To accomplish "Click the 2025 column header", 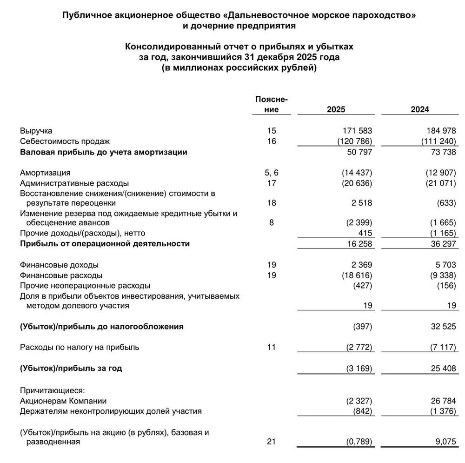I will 336,109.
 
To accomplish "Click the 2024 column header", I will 419,109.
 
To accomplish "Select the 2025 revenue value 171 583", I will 356,131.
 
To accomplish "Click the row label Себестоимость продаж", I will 65,141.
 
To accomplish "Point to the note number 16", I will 272,141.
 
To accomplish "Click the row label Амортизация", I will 45,173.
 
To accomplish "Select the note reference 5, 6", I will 272,173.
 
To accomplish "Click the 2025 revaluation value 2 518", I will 361,203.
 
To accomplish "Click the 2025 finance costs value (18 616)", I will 354,275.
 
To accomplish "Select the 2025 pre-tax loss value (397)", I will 363,327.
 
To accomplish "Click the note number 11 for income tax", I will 272,347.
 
